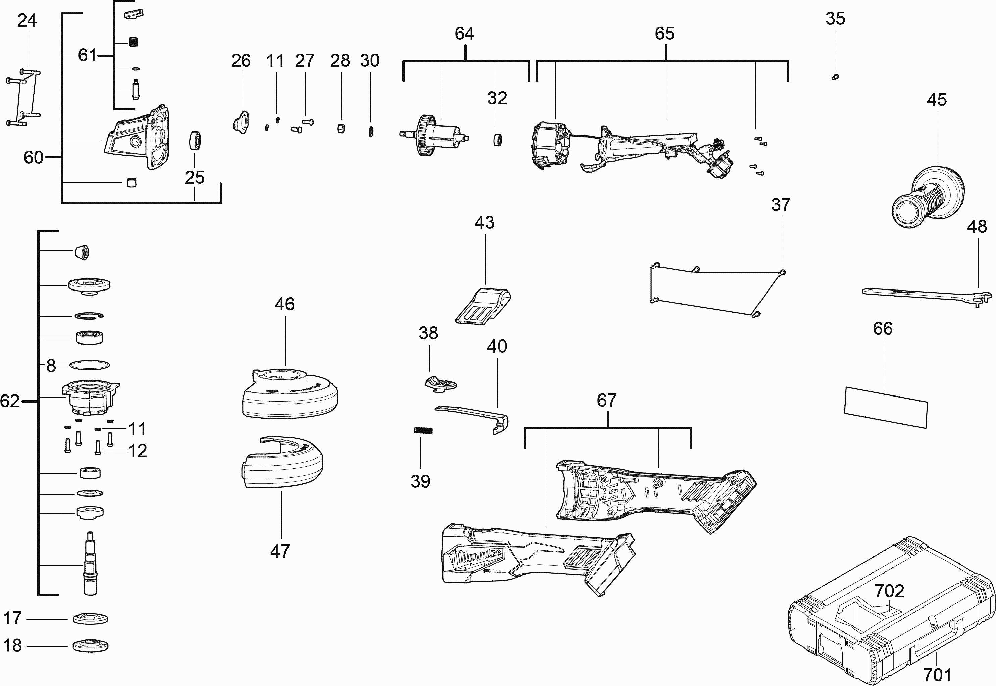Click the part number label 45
tap(936, 100)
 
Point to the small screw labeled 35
tap(835, 77)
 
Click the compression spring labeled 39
tap(423, 430)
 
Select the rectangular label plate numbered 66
tap(886, 407)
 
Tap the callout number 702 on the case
tap(889, 591)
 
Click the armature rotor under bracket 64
tap(434, 136)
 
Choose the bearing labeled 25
tap(195, 141)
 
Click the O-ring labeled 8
tap(90, 365)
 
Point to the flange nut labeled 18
tap(90, 646)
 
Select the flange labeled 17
tap(90, 618)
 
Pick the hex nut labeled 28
tap(341, 128)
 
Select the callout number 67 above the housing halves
tap(607, 401)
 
